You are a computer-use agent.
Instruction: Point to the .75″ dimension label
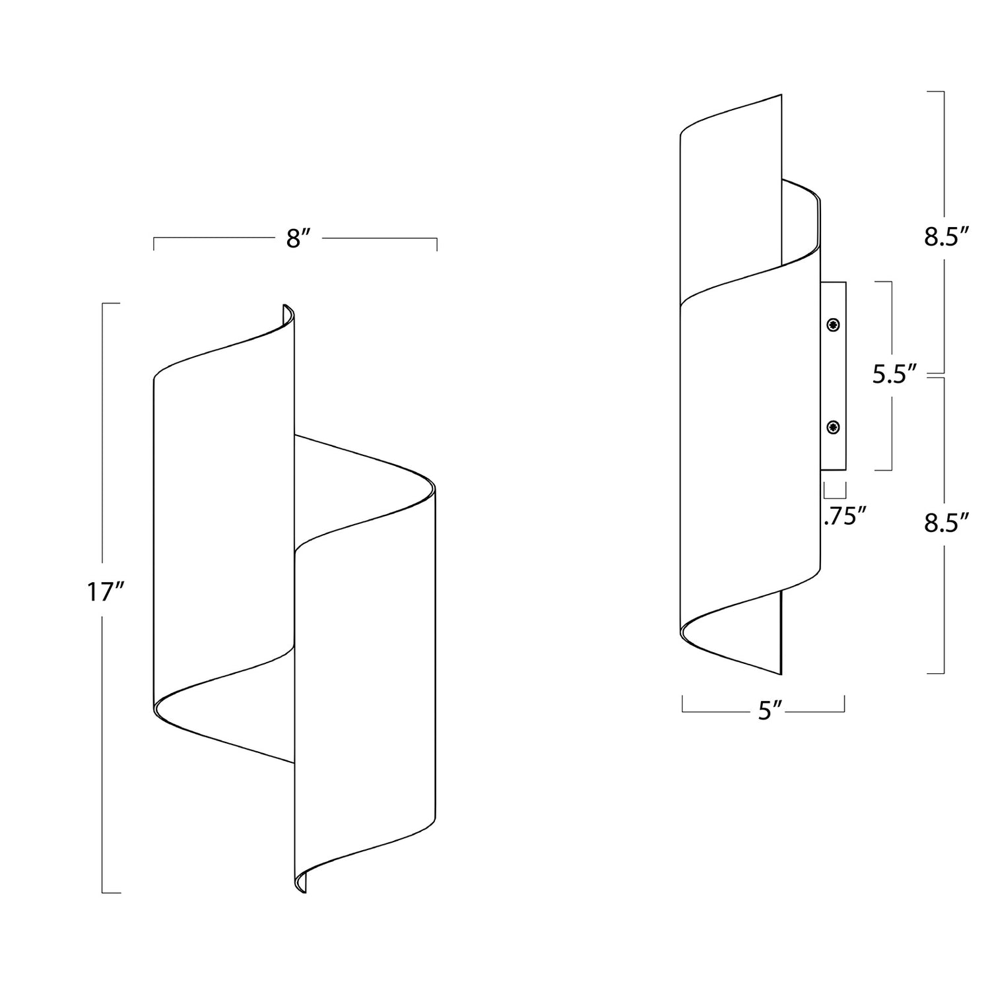845,516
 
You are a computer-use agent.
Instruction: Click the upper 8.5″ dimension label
946,237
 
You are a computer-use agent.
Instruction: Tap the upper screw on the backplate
834,325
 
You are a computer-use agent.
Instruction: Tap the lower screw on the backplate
834,428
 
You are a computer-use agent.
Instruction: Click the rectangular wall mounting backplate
834,376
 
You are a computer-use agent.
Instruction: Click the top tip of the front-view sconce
285,305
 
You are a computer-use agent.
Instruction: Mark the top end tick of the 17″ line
111,303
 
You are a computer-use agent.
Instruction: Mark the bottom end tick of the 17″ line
111,892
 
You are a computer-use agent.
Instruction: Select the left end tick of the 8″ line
154,244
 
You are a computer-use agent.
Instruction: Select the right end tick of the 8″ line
436,244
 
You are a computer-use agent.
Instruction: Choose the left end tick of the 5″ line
682,704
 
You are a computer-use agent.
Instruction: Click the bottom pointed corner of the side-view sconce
781,675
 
